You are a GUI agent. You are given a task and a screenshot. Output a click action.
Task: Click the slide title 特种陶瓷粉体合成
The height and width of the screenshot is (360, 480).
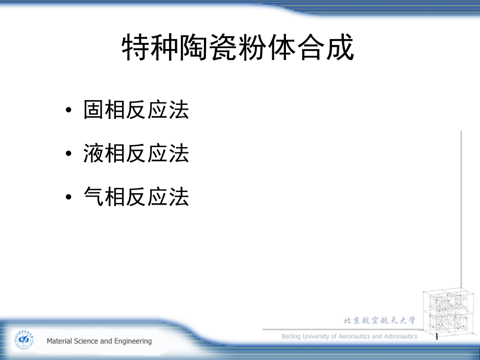[238, 47]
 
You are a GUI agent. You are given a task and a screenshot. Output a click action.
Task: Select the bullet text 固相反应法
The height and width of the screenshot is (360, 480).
[136, 110]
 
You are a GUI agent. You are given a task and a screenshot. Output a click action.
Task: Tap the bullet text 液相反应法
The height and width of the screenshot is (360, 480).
[136, 153]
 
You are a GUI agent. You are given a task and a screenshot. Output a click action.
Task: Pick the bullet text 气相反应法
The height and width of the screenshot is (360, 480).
[136, 197]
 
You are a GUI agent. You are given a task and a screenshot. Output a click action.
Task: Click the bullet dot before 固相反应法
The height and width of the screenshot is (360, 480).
[68, 110]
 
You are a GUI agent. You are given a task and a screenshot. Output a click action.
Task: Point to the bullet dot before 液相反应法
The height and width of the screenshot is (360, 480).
[68, 153]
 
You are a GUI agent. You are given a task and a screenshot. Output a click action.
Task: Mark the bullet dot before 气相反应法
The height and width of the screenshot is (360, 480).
[68, 197]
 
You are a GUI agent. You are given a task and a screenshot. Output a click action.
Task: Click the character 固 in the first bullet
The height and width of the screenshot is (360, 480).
[93, 110]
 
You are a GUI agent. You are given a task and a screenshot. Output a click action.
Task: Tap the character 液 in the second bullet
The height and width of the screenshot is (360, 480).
[93, 153]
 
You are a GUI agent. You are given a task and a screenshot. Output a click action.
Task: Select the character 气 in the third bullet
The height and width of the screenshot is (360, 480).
[93, 197]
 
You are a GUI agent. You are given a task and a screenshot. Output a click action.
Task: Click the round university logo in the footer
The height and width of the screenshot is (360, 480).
[25, 340]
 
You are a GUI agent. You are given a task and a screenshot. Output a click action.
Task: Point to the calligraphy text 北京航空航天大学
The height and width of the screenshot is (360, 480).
[380, 320]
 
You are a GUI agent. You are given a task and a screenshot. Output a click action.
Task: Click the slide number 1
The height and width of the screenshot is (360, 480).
[437, 337]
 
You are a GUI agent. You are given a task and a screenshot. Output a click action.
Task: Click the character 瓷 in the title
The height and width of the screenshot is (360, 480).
[223, 47]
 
